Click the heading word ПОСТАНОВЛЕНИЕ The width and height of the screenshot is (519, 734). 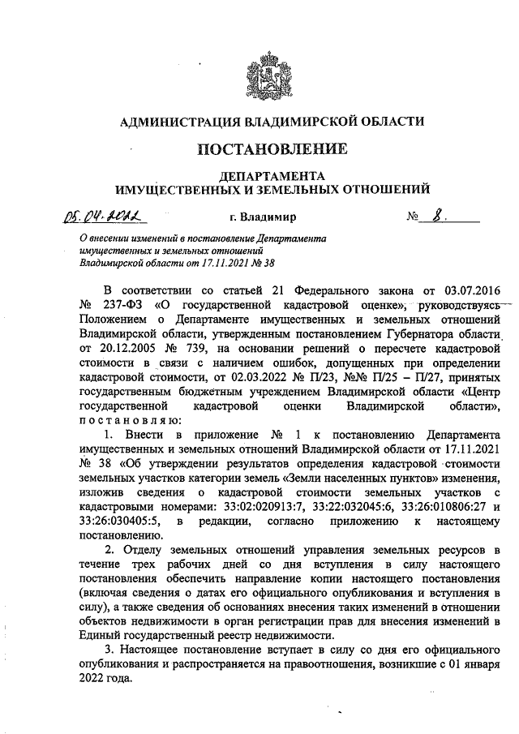pos(271,149)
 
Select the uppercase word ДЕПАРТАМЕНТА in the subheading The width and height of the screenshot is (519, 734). pos(271,176)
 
